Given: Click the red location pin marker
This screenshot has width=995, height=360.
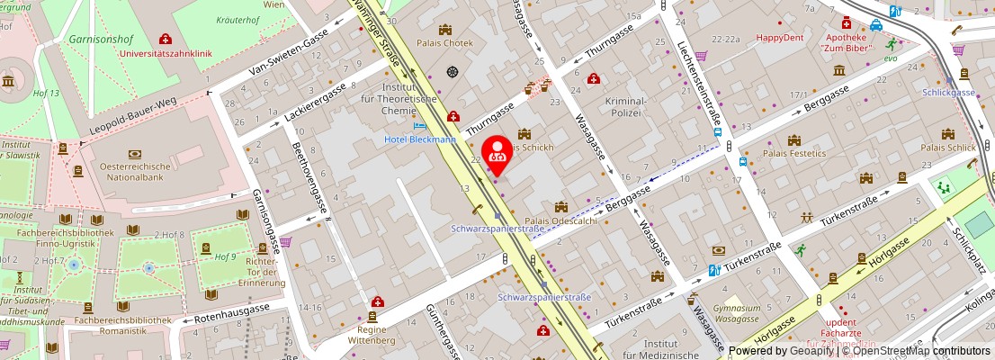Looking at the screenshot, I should click(497, 153).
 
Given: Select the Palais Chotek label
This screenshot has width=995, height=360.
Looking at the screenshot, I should click(445, 49).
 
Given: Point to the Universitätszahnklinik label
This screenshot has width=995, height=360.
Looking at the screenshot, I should click(166, 54).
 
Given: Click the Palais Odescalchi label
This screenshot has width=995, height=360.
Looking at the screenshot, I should click(560, 221).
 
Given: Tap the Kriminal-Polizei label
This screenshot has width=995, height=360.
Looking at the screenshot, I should click(625, 106).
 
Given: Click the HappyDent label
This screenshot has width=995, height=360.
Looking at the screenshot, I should click(779, 38).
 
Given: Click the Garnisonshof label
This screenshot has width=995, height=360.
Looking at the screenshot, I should click(100, 40).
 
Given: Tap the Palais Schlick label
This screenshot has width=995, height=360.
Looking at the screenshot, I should click(947, 148).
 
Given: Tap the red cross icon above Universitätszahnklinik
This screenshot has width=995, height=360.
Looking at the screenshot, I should click(165, 39).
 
